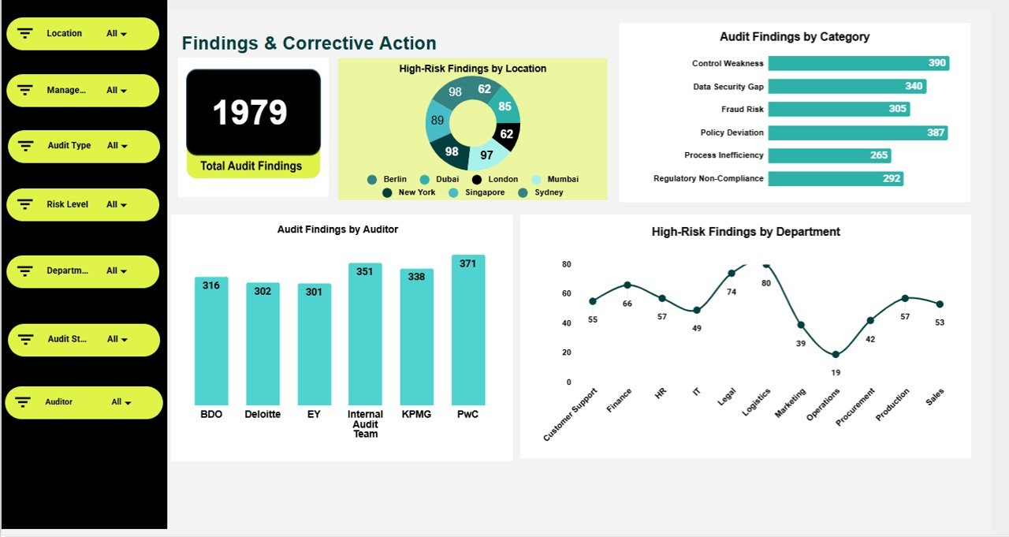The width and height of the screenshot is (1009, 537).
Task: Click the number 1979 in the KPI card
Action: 250,112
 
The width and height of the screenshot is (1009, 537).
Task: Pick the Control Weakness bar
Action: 858,63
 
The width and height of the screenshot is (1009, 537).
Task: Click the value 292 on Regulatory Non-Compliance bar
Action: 891,179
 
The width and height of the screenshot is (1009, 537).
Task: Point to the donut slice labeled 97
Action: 486,155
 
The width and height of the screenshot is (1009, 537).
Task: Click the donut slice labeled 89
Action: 437,121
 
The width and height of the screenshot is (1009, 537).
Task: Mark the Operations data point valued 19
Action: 836,355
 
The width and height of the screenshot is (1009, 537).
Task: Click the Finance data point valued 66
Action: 627,285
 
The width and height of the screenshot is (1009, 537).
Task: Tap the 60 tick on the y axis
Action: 567,293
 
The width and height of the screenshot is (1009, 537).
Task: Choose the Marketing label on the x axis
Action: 790,403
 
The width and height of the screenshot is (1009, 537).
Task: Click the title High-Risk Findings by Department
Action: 746,232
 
